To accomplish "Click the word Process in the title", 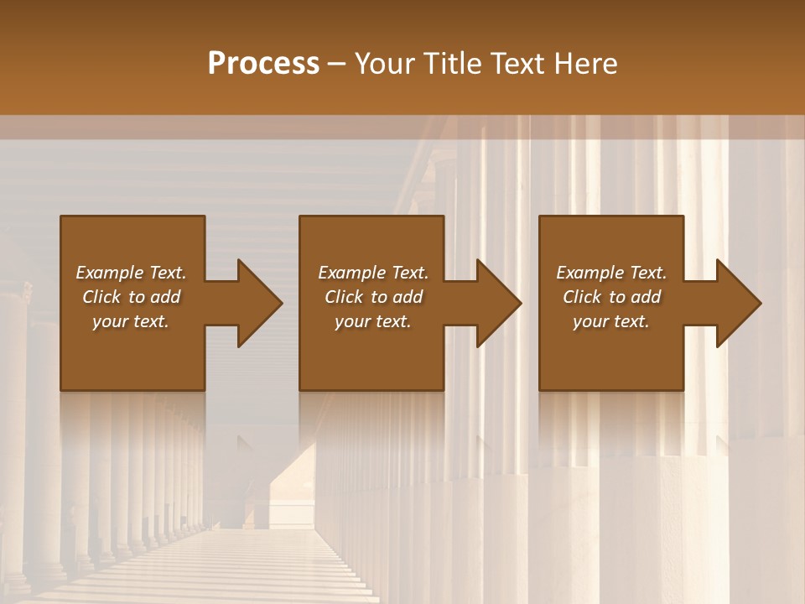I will click(263, 64).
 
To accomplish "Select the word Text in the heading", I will click(515, 64).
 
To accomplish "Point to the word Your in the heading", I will click(387, 64).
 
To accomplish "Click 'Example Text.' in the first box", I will click(131, 273).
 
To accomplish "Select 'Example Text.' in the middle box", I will click(372, 273).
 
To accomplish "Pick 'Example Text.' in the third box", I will click(610, 273).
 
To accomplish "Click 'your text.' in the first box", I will click(131, 321).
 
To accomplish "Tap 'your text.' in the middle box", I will click(372, 321).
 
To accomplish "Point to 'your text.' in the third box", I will click(610, 321).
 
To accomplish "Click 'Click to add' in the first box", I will click(131, 297).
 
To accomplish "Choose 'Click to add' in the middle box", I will click(372, 297).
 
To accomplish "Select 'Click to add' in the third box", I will click(610, 297).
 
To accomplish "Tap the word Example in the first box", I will click(109, 273).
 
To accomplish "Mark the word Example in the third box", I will click(589, 273).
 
